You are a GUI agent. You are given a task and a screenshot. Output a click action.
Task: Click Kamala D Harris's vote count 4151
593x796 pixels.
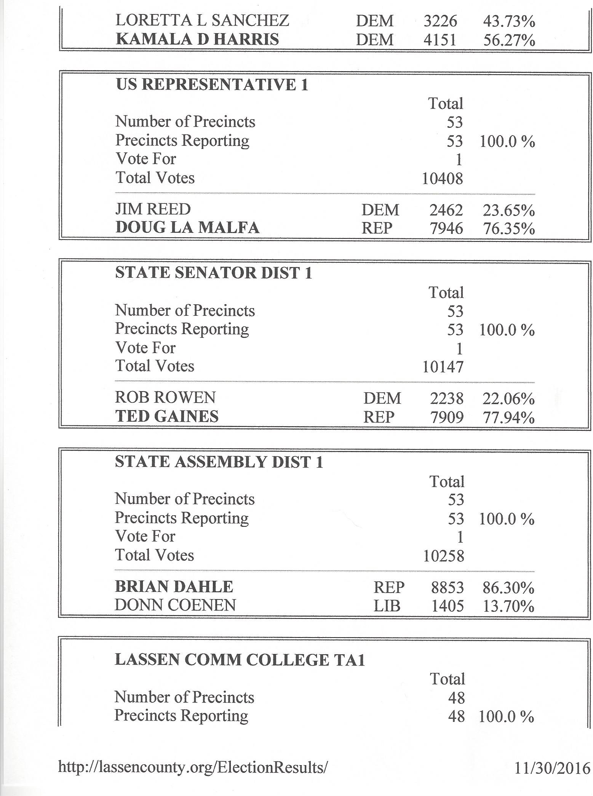(440, 40)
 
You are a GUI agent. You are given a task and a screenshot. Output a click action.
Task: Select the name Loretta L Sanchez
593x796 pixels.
(202, 21)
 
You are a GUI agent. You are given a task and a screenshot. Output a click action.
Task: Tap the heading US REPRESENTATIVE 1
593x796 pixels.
(212, 85)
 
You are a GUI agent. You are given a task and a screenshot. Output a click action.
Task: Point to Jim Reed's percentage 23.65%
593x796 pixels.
(509, 210)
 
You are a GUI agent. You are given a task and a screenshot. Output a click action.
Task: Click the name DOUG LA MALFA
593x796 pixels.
(187, 228)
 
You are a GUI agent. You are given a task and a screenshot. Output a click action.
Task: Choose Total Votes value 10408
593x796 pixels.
(442, 179)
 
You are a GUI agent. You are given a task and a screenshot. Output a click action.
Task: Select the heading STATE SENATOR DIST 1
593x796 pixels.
(214, 273)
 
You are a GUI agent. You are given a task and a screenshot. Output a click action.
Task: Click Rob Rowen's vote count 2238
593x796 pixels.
(446, 399)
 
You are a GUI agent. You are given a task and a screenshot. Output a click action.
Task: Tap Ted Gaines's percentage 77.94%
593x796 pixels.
(509, 417)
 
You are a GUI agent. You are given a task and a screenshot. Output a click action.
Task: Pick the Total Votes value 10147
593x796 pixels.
(443, 367)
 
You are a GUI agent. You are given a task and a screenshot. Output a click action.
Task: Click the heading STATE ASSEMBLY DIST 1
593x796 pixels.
(219, 462)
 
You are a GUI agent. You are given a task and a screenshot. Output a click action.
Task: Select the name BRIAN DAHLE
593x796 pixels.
(174, 587)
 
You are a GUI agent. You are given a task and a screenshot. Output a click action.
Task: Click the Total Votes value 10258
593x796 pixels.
(444, 556)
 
